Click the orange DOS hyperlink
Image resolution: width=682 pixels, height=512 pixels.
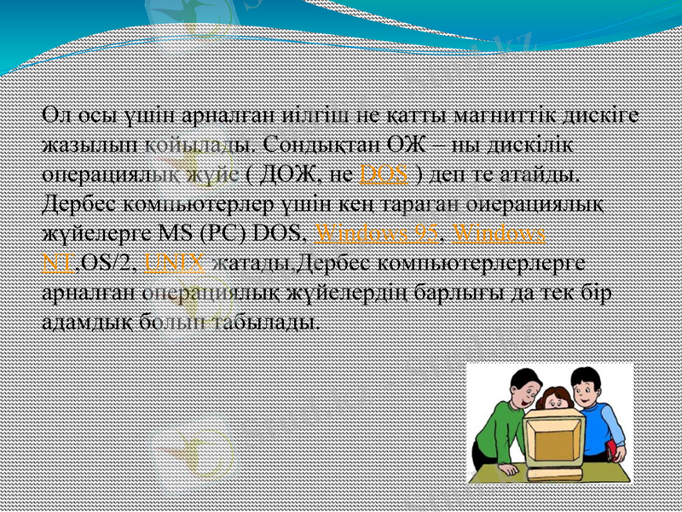384,175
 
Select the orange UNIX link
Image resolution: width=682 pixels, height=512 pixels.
175,261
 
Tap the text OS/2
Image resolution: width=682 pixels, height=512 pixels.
110,261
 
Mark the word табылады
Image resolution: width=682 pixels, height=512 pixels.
271,321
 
